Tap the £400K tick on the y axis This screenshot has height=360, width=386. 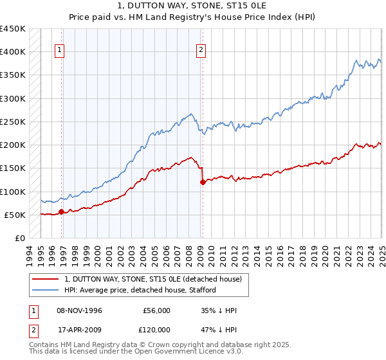13,52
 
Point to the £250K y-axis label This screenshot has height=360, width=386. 13,122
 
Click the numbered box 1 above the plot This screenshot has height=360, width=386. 59,50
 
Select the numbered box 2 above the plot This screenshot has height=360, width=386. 201,50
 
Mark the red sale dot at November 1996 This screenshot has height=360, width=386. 62,212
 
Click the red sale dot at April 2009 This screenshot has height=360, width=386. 203,182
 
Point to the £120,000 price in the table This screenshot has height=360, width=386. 155,329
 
